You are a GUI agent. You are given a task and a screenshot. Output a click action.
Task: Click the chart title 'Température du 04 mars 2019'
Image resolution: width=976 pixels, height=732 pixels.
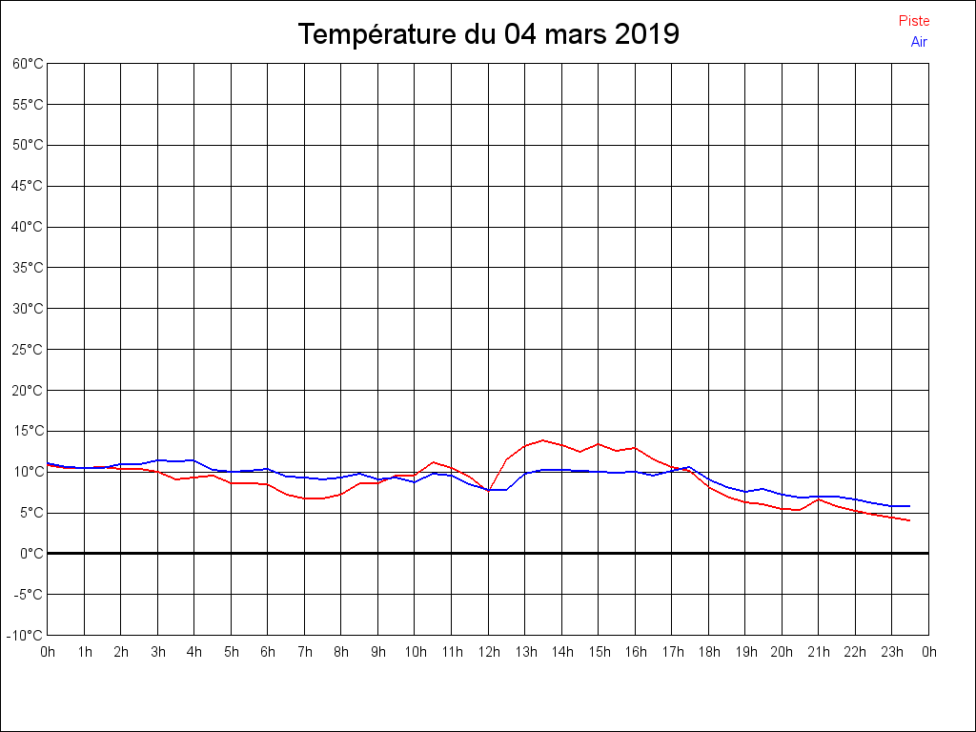pos(488,34)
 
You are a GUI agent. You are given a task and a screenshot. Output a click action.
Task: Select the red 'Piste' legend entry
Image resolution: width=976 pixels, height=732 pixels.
pos(914,21)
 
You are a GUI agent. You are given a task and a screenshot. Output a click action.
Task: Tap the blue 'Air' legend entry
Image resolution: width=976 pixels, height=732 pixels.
pos(919,41)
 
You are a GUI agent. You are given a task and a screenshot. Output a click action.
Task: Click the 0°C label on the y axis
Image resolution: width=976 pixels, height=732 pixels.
pos(31,554)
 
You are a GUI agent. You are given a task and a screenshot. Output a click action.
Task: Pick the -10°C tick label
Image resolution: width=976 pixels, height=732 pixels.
pos(27,636)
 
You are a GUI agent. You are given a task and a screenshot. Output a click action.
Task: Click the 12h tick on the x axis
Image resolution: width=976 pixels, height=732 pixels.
pos(488,652)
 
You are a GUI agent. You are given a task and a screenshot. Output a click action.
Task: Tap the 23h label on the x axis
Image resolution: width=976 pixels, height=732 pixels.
pos(892,652)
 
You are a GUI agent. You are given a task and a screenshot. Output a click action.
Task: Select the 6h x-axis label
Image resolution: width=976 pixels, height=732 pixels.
pos(268,652)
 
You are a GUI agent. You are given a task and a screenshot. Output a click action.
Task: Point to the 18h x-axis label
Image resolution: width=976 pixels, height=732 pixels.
pos(708,652)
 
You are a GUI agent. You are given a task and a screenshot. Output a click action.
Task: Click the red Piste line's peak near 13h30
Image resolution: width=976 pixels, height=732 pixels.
pos(543,440)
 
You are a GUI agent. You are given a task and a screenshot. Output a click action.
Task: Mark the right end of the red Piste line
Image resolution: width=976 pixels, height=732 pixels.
pos(910,520)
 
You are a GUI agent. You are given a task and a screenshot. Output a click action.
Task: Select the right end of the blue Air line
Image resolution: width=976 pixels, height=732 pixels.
pos(910,506)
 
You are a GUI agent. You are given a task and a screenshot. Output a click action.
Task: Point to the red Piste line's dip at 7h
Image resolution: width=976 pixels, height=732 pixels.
pos(305,498)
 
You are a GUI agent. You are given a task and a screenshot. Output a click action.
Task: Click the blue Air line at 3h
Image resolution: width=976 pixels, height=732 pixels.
pos(158,459)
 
